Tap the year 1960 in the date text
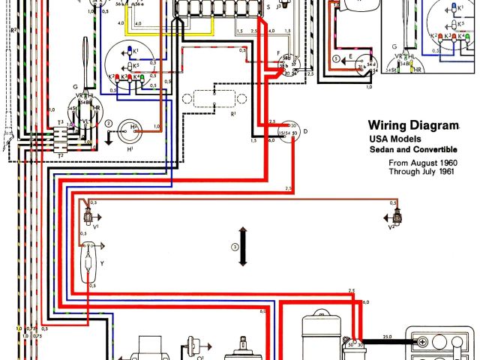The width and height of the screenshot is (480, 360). point(446,161)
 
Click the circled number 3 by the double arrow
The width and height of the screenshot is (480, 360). point(235,247)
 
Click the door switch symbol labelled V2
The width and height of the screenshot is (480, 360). point(396,217)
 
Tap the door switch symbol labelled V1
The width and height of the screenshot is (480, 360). point(89,217)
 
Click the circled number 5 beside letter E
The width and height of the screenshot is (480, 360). point(337,57)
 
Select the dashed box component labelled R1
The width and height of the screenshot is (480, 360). point(214,100)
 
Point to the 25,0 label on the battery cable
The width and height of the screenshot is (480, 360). point(388,335)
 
